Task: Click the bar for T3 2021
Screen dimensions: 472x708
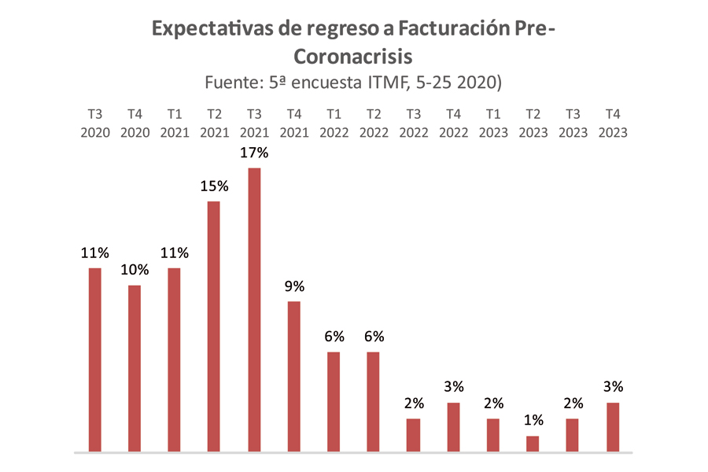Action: [x=254, y=310]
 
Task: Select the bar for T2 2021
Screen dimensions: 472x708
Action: [x=214, y=326]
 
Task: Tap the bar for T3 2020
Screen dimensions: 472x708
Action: [x=94, y=360]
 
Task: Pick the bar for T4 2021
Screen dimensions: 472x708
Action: [x=294, y=377]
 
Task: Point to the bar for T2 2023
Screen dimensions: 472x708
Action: [x=533, y=444]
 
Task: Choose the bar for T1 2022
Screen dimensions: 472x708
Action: [x=334, y=402]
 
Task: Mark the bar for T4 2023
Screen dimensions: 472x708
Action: [x=613, y=427]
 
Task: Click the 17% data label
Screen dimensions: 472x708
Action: [x=254, y=153]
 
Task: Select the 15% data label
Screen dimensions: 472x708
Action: [x=214, y=186]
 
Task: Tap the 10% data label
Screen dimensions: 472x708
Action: [x=135, y=270]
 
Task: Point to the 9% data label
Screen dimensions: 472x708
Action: [x=294, y=286]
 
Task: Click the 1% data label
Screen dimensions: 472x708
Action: [x=533, y=421]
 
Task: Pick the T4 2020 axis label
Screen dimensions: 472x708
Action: [x=135, y=124]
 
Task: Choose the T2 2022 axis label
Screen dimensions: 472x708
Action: [x=374, y=124]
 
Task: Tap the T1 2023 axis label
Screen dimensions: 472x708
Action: [x=493, y=124]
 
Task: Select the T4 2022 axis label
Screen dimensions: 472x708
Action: [x=453, y=124]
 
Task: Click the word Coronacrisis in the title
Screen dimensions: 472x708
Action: [x=353, y=57]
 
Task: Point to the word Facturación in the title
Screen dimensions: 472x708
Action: [x=444, y=29]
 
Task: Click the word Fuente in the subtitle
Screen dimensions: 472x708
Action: [x=234, y=82]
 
